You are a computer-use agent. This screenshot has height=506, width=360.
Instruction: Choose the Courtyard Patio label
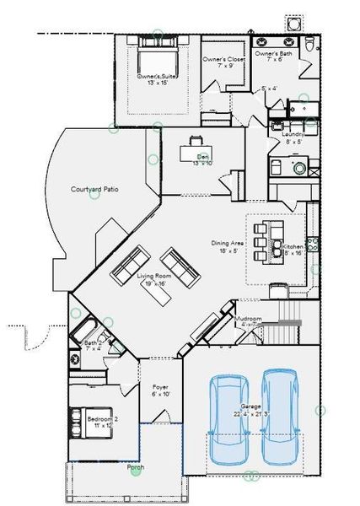coord(94,190)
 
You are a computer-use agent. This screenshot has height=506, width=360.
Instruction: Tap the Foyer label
coord(160,389)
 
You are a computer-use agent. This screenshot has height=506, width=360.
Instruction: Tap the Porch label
coord(135,468)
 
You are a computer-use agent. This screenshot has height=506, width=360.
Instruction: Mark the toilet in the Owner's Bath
coord(309,45)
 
